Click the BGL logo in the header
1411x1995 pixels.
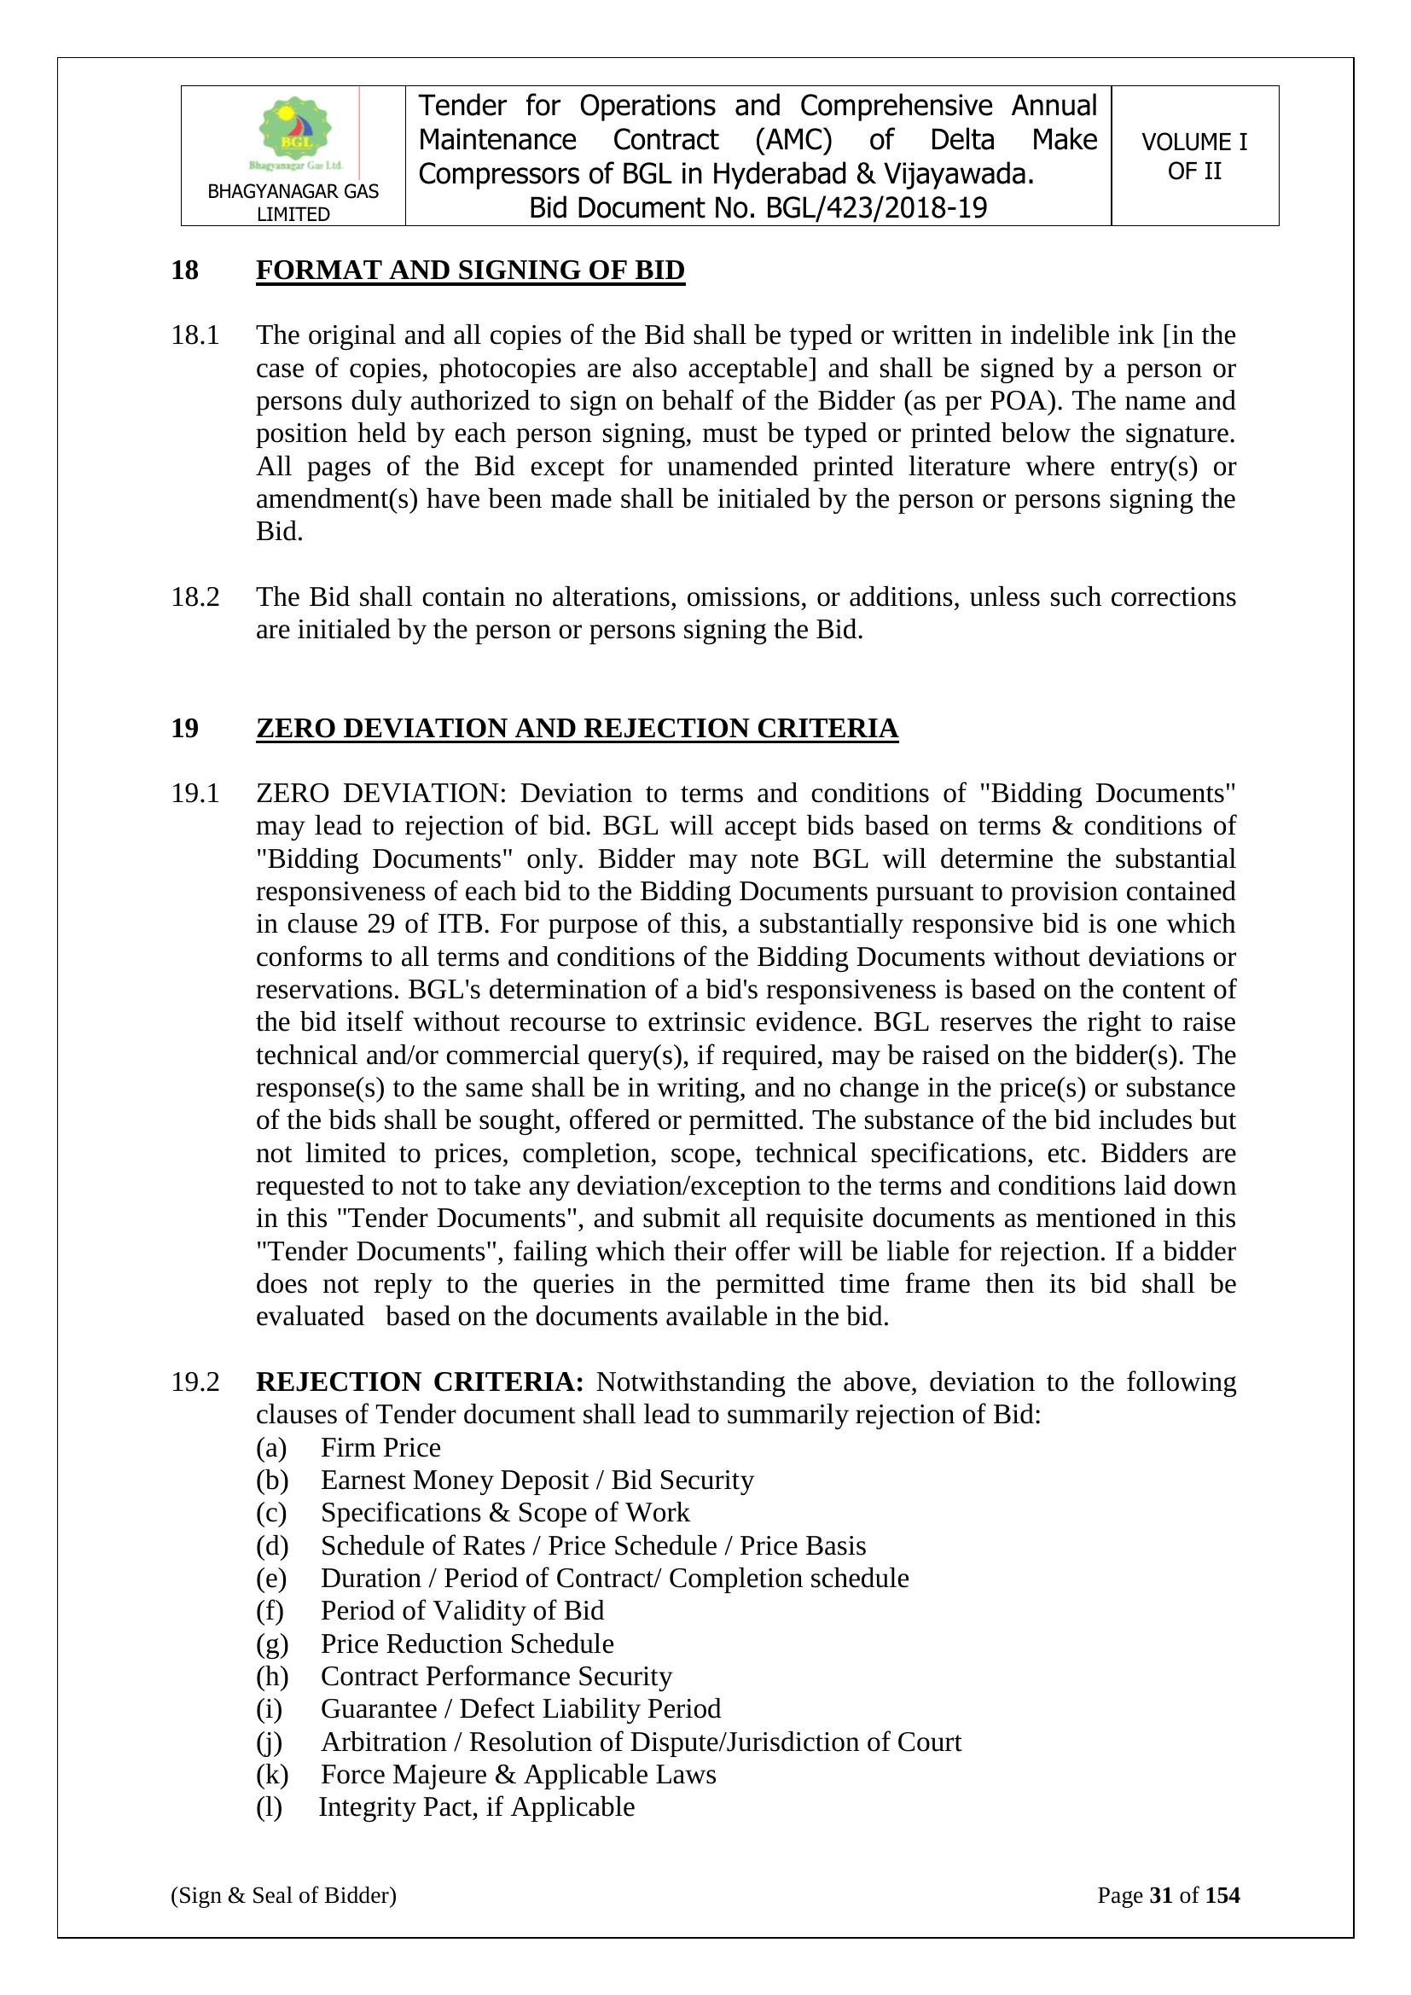point(295,134)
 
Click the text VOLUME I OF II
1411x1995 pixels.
point(1193,156)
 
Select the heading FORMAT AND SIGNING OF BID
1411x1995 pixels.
point(470,270)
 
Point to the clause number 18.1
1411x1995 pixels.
point(195,334)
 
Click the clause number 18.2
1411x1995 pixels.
point(195,597)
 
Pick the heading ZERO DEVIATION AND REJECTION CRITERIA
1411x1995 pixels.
point(577,727)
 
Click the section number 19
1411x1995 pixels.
point(184,727)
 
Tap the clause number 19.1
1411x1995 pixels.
point(195,794)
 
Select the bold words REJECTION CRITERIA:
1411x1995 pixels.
point(420,1382)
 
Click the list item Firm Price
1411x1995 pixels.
point(380,1447)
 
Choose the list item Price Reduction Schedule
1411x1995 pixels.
point(467,1644)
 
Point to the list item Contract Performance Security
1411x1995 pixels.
point(496,1676)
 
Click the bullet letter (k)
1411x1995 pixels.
point(271,1774)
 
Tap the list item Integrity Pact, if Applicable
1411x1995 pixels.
point(476,1806)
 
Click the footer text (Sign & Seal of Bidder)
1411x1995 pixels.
point(283,1895)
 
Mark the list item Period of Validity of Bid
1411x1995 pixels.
point(462,1611)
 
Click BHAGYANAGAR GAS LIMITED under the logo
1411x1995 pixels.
point(293,202)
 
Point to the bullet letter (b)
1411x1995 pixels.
point(271,1480)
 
